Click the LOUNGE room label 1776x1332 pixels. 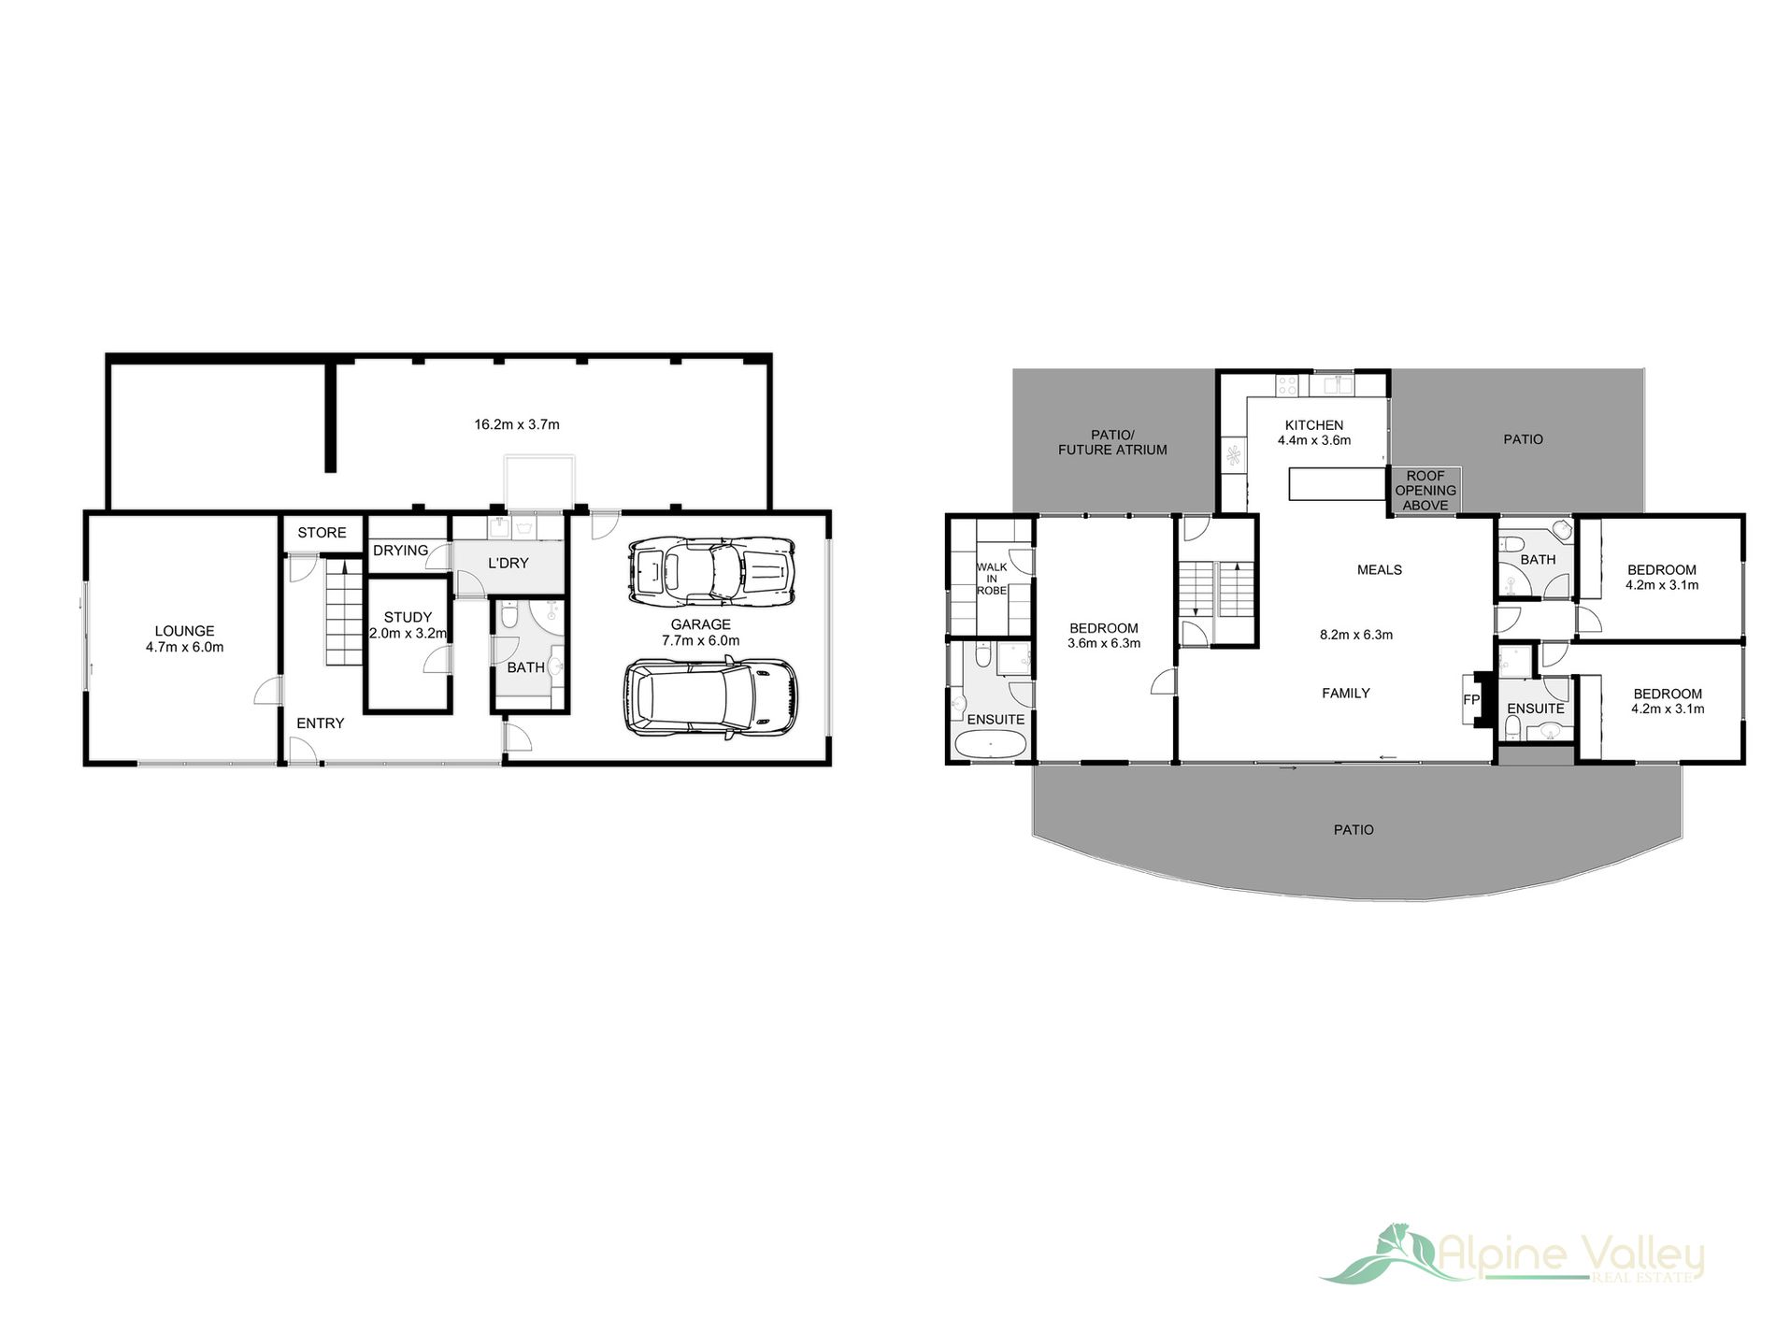pyautogui.click(x=184, y=632)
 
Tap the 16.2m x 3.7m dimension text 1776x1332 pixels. pyautogui.click(x=516, y=424)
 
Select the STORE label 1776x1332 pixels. pyautogui.click(x=322, y=533)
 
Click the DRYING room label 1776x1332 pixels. pyautogui.click(x=400, y=551)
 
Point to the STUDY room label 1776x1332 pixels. pyautogui.click(x=408, y=618)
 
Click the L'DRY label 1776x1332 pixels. pyautogui.click(x=508, y=563)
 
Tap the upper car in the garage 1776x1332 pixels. pyautogui.click(x=711, y=570)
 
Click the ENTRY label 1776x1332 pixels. pyautogui.click(x=320, y=723)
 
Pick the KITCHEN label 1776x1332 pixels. pyautogui.click(x=1313, y=425)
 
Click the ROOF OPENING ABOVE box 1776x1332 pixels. pyautogui.click(x=1425, y=491)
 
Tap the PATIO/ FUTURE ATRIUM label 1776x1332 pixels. pyautogui.click(x=1112, y=442)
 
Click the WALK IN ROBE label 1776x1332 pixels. pyautogui.click(x=991, y=579)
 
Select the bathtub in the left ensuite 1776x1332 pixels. pyautogui.click(x=990, y=745)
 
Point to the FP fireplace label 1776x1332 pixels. pyautogui.click(x=1470, y=699)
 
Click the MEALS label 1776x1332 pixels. pyautogui.click(x=1379, y=569)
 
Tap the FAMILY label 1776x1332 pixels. pyautogui.click(x=1345, y=693)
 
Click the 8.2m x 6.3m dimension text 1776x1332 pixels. pyautogui.click(x=1355, y=635)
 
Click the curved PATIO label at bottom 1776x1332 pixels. pyautogui.click(x=1353, y=830)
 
